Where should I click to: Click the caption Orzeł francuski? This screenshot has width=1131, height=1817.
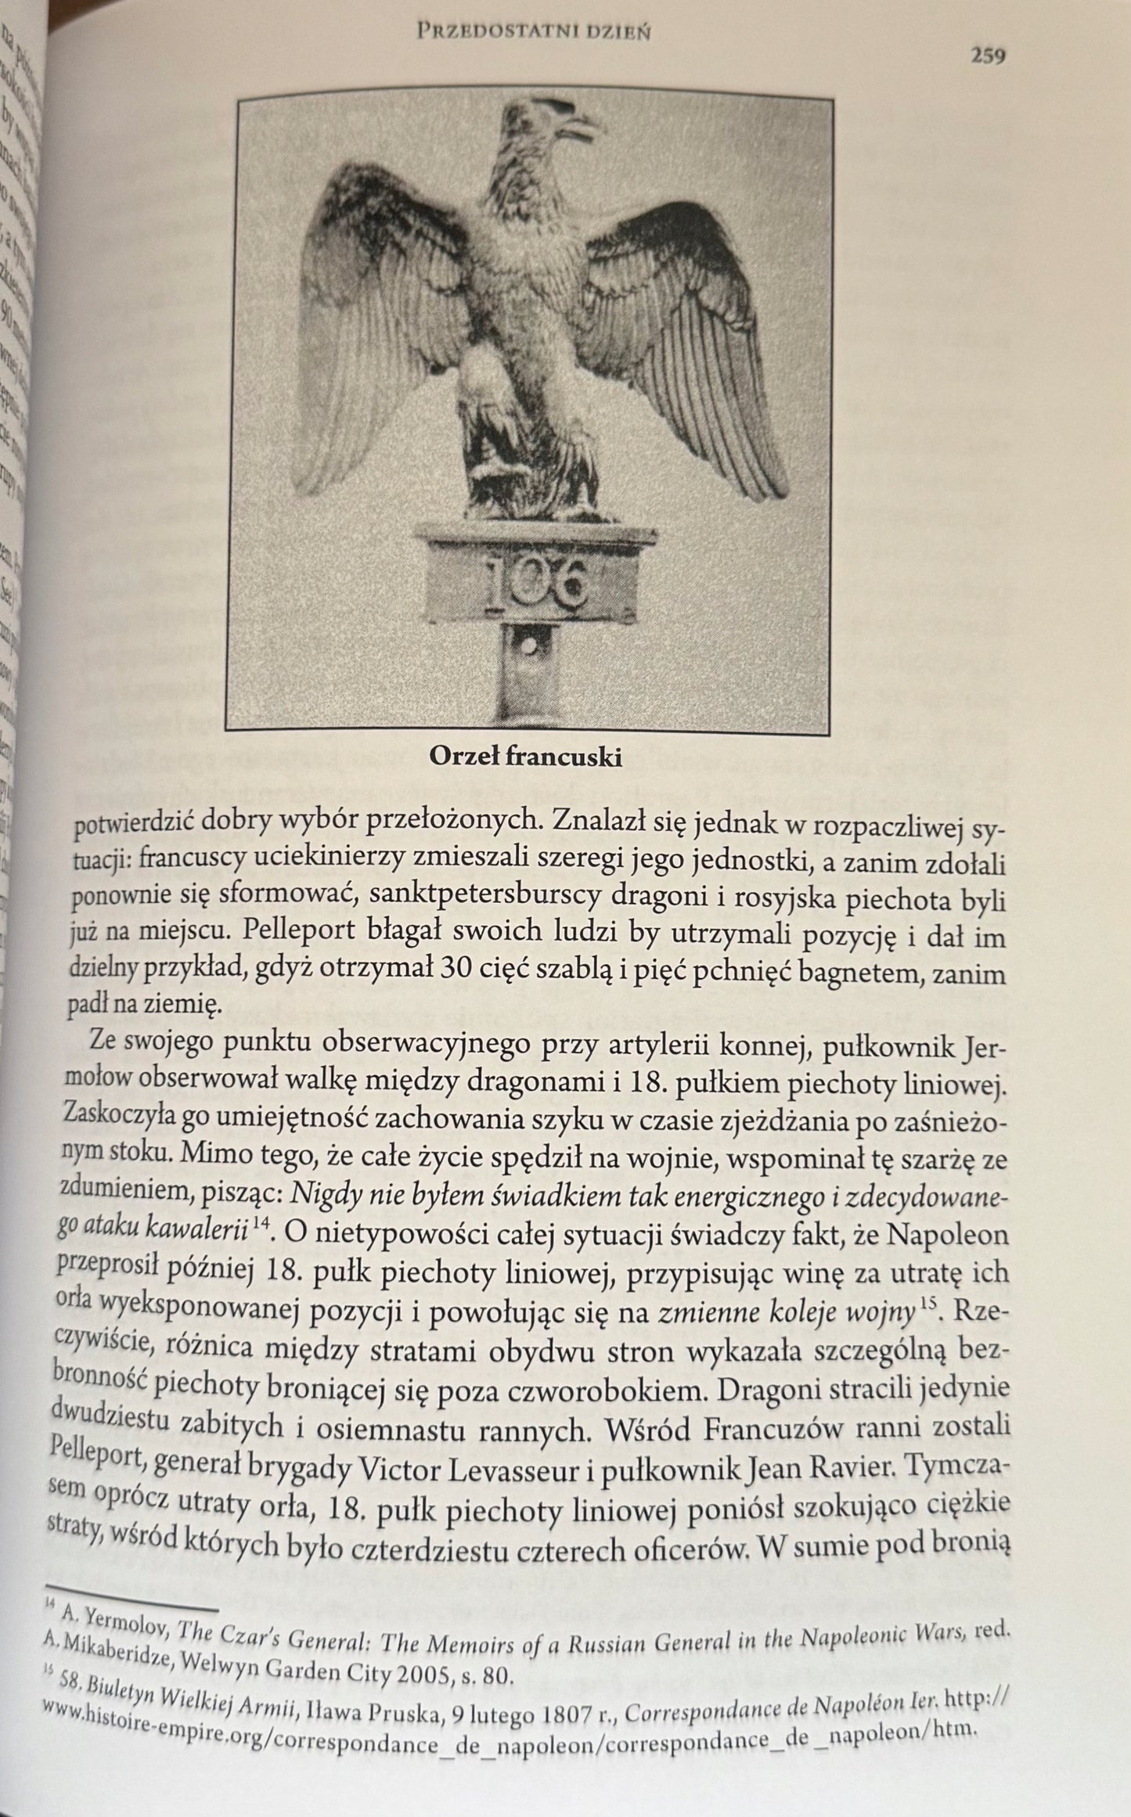525,757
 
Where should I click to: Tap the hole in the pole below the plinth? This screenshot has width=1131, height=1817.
532,648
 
